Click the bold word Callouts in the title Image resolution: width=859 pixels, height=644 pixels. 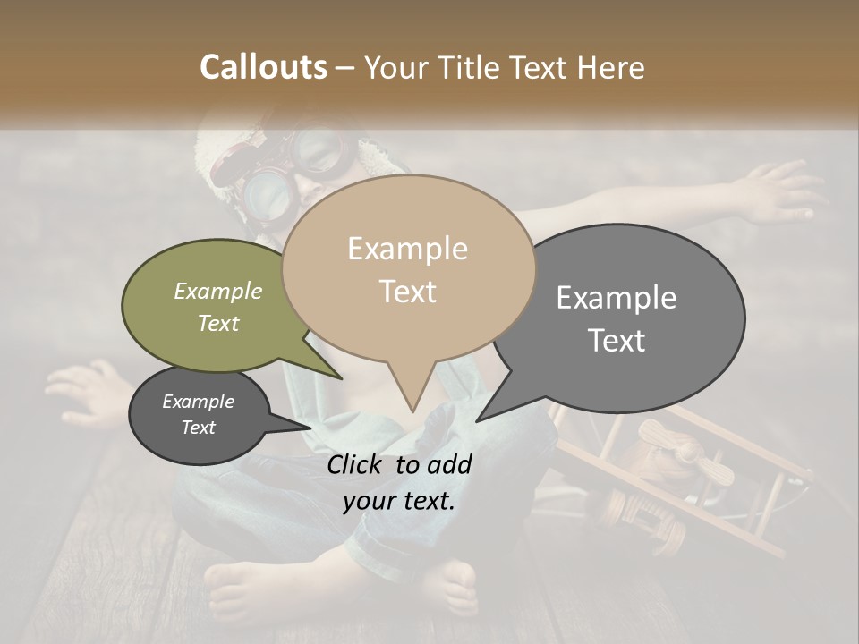click(x=263, y=67)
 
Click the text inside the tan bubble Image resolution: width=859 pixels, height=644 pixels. click(x=408, y=270)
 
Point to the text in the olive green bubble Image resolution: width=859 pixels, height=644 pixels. click(x=218, y=307)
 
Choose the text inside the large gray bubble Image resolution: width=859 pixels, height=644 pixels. click(x=617, y=318)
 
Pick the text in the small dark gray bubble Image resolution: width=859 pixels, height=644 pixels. click(x=198, y=414)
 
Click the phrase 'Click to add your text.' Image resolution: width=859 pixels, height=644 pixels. click(x=398, y=482)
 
